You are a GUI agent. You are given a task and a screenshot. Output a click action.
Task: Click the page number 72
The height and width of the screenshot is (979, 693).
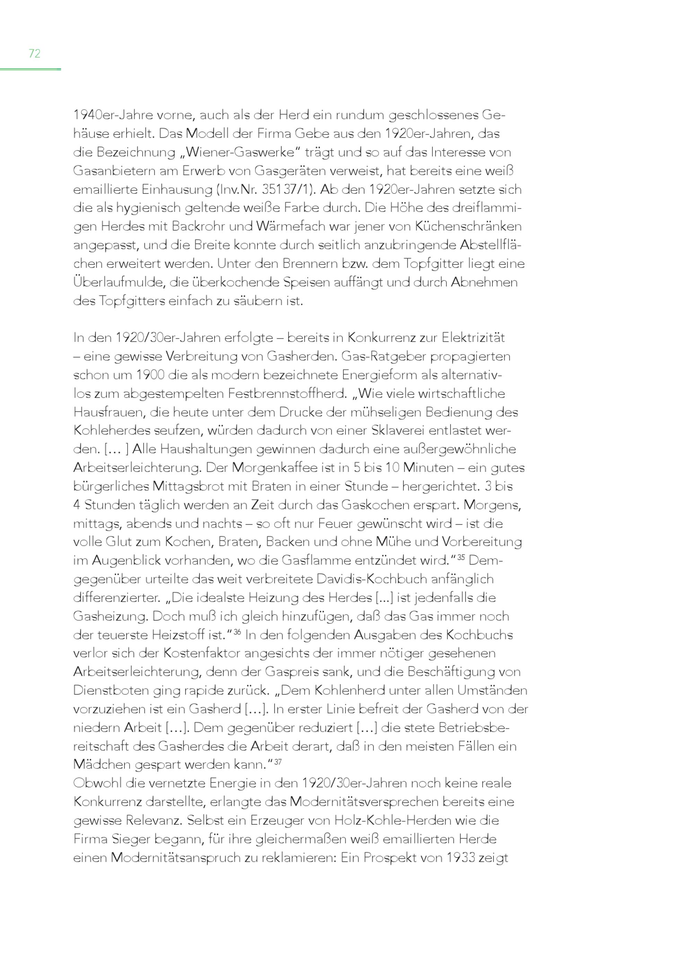(x=34, y=53)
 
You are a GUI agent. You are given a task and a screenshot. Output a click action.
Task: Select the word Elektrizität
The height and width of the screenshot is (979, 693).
(x=473, y=338)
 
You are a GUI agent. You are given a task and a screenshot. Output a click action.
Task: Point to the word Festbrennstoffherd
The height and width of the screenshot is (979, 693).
(x=287, y=393)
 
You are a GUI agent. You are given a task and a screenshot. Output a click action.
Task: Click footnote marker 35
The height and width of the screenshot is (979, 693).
(x=461, y=557)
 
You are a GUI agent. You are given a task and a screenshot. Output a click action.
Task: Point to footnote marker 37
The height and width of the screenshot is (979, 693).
(x=278, y=762)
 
